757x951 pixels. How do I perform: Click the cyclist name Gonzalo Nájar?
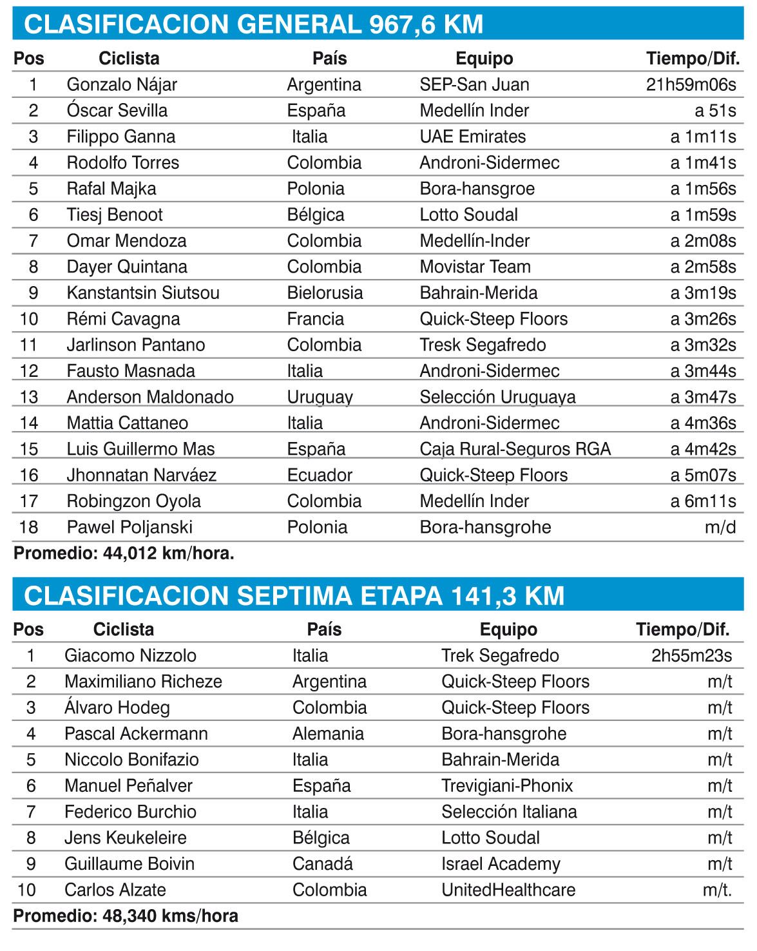(x=122, y=84)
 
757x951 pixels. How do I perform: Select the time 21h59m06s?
(x=691, y=84)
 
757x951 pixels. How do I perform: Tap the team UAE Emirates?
(x=472, y=137)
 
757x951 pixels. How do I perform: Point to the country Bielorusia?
(x=325, y=293)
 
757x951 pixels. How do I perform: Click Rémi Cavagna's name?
(x=123, y=319)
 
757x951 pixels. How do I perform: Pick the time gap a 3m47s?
(x=703, y=397)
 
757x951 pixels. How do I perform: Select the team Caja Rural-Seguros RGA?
(x=515, y=449)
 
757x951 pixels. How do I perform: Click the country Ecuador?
(x=320, y=475)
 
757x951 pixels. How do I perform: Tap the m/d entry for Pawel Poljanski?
(x=720, y=527)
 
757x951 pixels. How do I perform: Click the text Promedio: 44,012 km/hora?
(x=124, y=553)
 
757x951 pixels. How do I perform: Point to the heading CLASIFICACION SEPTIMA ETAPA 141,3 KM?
(x=294, y=595)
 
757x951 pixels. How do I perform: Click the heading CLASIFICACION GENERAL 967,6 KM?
(x=253, y=24)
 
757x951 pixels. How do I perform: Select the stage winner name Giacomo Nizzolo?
(x=130, y=656)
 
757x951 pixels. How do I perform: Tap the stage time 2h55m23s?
(x=691, y=656)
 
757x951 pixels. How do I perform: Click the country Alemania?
(x=328, y=734)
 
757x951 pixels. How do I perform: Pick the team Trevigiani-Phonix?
(x=506, y=786)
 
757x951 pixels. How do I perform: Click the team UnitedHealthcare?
(x=508, y=890)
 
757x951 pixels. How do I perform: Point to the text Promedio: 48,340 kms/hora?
(x=126, y=916)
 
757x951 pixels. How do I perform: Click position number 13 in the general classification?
(x=29, y=397)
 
